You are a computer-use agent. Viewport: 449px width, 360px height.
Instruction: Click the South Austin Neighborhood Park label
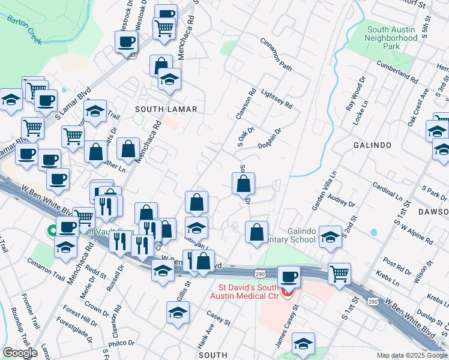[x=392, y=37]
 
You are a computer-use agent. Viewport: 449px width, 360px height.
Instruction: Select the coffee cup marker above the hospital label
[x=289, y=277]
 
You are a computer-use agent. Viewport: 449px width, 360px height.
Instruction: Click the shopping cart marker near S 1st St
[x=340, y=273]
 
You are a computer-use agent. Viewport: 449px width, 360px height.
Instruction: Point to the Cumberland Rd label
[x=397, y=71]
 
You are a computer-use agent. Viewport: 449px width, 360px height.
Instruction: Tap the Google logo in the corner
[x=20, y=353]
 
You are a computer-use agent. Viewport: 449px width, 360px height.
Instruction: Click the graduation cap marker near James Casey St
[x=304, y=343]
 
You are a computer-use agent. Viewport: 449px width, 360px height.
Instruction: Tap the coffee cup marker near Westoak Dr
[x=127, y=41]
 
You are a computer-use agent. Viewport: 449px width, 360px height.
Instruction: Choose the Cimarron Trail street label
[x=45, y=270]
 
